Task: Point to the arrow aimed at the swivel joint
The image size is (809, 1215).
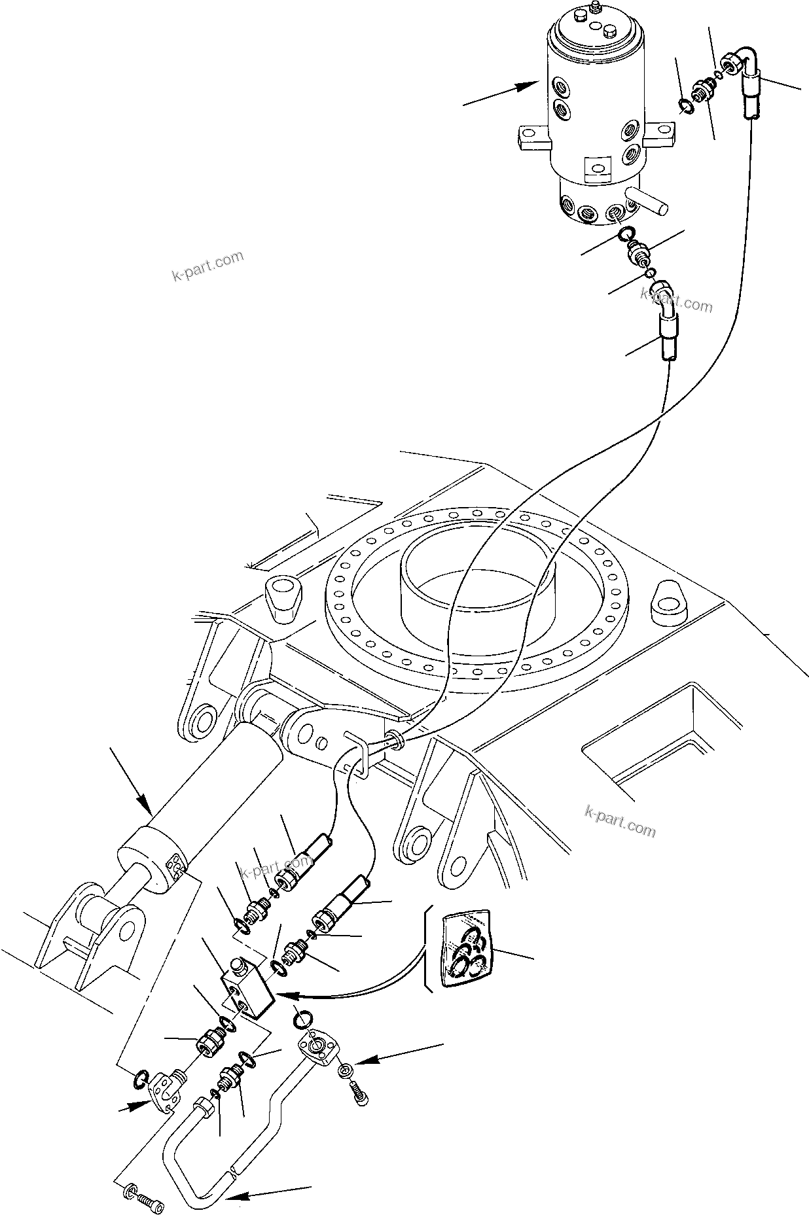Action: pos(501,94)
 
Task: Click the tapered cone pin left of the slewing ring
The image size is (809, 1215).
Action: pos(283,598)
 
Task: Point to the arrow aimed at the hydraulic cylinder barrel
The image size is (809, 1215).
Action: pos(131,783)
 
